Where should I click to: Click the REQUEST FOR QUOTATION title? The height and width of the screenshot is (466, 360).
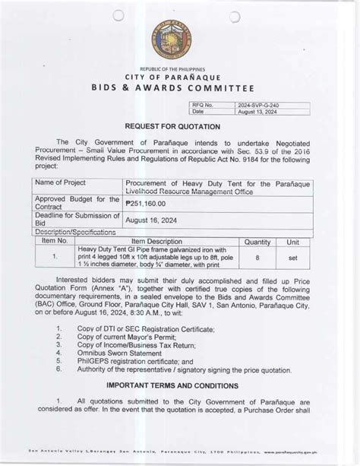coord(178,126)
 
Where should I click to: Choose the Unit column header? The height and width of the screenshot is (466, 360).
coord(292,240)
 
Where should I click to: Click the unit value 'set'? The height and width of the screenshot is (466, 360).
coord(292,258)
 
